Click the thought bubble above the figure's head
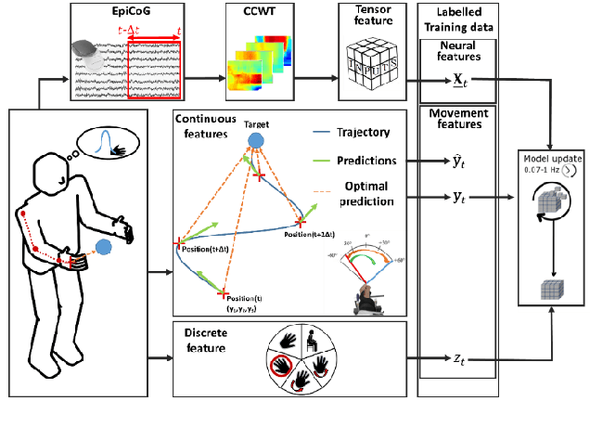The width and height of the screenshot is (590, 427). click(109, 143)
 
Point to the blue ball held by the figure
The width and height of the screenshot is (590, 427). click(104, 248)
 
